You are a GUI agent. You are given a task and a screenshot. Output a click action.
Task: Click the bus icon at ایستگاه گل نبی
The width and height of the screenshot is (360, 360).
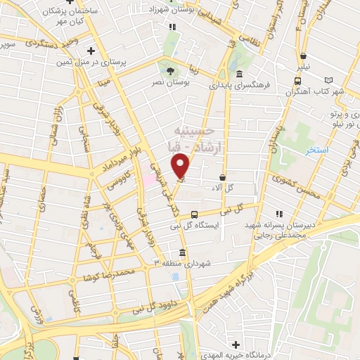pyautogui.click(x=194, y=214)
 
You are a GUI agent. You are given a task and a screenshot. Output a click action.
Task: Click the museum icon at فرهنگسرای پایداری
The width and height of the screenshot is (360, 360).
pyautogui.click(x=240, y=75)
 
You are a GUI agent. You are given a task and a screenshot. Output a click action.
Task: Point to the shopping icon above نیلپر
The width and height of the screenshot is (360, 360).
pyautogui.click(x=303, y=56)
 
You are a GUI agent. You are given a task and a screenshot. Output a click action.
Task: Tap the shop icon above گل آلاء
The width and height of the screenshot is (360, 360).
pyautogui.click(x=223, y=177)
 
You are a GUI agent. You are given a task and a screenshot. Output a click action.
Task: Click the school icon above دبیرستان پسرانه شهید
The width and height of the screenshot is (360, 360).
pyautogui.click(x=279, y=213)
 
